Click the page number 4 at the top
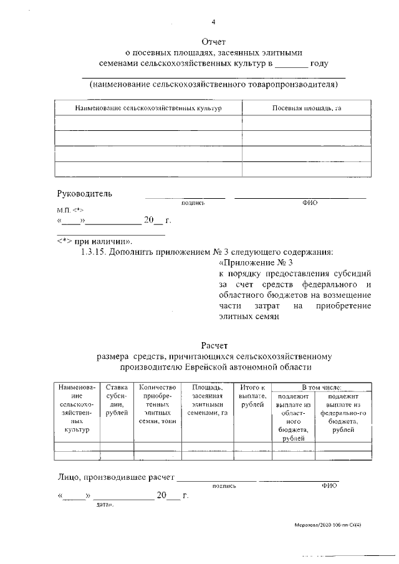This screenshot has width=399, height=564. [213, 23]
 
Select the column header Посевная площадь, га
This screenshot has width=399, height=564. [307, 108]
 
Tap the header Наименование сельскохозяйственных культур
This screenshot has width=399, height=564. [148, 108]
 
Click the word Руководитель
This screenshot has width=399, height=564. [85, 193]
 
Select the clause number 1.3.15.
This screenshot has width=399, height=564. [95, 252]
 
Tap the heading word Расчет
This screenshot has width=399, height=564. [215, 345]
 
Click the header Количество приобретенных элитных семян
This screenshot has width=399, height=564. [158, 404]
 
